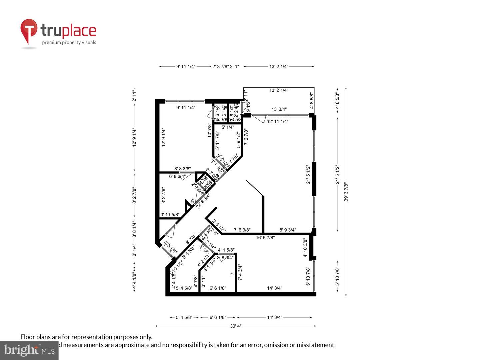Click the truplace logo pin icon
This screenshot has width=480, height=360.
[x=29, y=30]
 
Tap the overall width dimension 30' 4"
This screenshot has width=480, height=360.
[x=235, y=326]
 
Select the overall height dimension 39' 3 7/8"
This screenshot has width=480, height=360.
[x=346, y=192]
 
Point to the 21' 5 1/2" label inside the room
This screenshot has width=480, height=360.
[x=308, y=174]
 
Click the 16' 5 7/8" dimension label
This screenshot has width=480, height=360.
[x=265, y=238]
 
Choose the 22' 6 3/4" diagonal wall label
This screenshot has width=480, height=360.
[x=203, y=201]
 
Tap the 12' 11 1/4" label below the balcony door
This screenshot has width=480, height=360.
[x=278, y=121]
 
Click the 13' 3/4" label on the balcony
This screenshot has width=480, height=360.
[x=279, y=109]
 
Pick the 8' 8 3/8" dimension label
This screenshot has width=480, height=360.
[x=183, y=169]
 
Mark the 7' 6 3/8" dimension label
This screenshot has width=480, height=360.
[x=242, y=230]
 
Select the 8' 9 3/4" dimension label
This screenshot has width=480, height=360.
[x=288, y=230]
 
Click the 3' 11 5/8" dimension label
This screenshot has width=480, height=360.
[x=170, y=215]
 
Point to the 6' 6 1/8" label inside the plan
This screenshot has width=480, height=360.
[x=218, y=288]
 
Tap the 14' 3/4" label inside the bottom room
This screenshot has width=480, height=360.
[x=274, y=288]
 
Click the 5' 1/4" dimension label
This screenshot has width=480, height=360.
[x=228, y=127]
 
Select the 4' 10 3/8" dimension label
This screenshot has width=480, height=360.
[x=305, y=248]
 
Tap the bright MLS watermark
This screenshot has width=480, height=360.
[x=29, y=350]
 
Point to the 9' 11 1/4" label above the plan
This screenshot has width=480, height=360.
[x=186, y=66]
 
